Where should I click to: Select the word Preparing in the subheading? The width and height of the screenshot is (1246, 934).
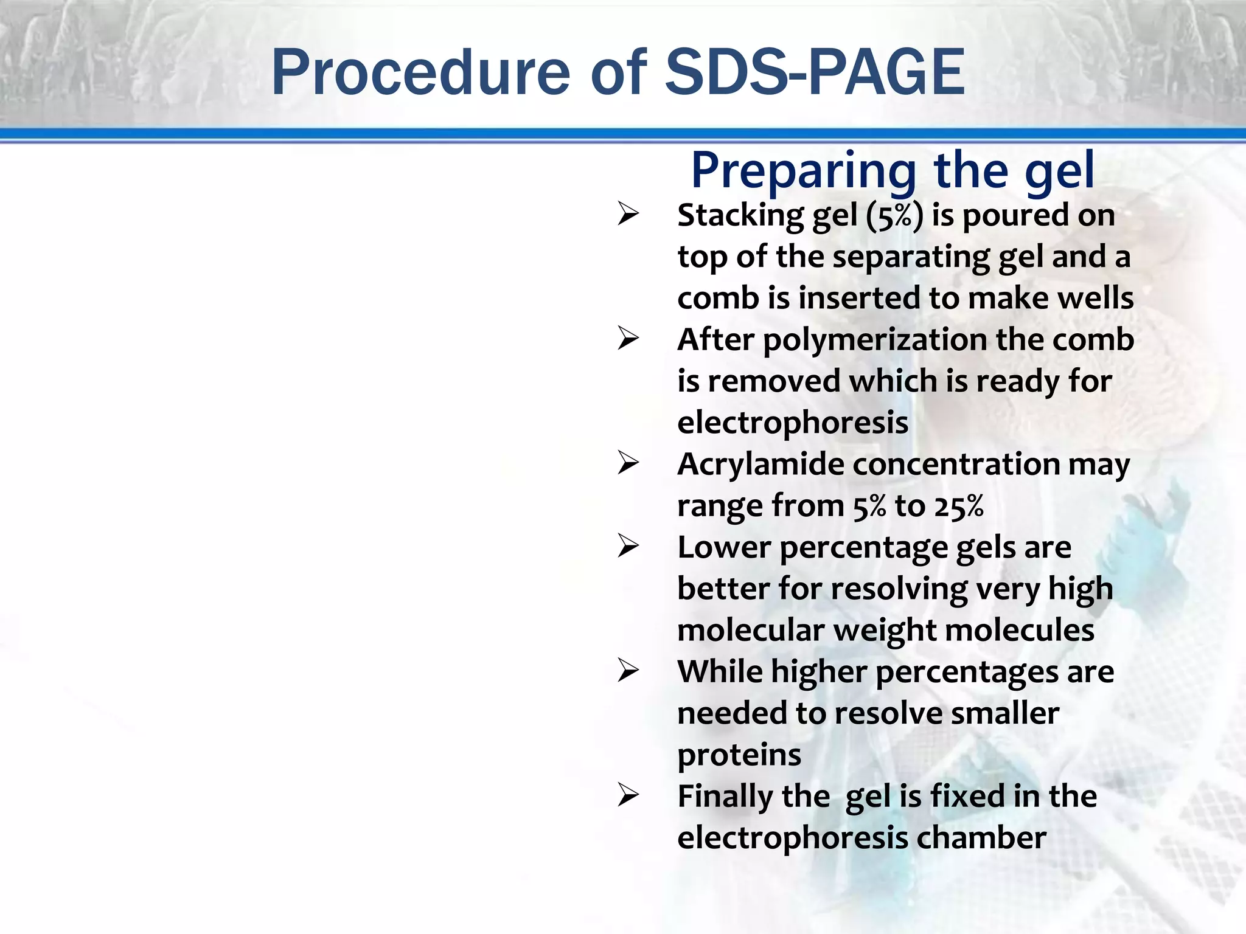click(803, 171)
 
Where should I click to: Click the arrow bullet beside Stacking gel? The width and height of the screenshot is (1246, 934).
click(628, 214)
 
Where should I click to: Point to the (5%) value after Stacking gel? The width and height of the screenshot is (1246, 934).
click(894, 216)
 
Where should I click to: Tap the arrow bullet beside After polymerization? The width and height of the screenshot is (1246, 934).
click(628, 339)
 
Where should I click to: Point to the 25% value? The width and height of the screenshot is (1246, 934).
click(959, 507)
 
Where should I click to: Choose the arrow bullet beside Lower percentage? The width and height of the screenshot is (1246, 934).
click(628, 546)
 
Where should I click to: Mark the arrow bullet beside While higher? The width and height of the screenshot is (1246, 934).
click(628, 671)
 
